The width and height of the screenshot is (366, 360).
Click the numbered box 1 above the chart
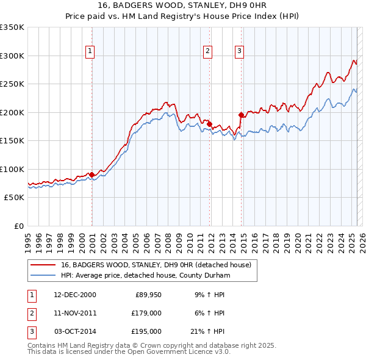90,51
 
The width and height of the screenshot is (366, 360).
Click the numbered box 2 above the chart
208,51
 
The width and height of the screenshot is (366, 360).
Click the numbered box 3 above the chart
240,51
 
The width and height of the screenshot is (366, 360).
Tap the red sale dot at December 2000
92,175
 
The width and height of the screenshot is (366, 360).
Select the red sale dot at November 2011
210,124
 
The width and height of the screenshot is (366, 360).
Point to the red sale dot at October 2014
242,115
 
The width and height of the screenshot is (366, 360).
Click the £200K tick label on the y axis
12,112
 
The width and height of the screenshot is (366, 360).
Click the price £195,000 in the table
146,331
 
